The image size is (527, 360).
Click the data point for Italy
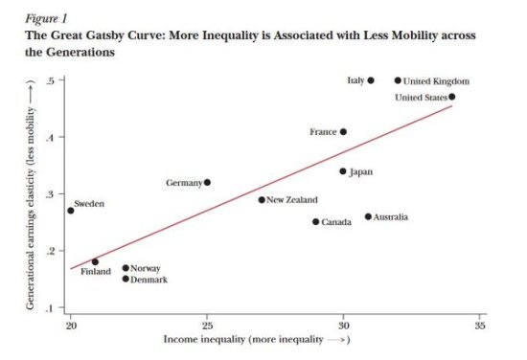pos(371,80)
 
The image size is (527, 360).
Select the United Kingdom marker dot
pos(398,80)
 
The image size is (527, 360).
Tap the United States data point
pos(452,97)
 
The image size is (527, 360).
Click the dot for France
pos(343,132)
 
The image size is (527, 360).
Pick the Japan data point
pos(343,171)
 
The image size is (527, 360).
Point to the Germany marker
pos(207,182)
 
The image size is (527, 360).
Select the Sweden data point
pos(70,210)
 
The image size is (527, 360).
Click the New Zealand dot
pos(262,200)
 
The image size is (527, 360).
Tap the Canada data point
pos(315,221)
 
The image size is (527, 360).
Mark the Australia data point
pos(368,216)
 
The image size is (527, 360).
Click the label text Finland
pos(95,272)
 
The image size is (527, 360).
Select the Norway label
pos(145,269)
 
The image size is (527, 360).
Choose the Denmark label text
pos(149,280)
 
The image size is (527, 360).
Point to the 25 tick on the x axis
pos(206,326)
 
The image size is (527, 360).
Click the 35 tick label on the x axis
pos(480,326)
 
